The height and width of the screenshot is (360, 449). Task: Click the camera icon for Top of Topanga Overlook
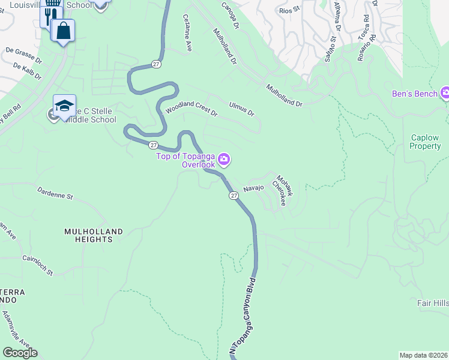pos(224,159)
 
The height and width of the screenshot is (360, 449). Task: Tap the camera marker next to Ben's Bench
pos(445,94)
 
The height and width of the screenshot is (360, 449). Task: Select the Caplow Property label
pos(425,142)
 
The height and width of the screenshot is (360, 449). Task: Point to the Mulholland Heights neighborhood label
pos(94,235)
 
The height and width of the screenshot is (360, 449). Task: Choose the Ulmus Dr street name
pos(241,109)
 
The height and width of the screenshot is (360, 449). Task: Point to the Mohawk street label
pos(285,185)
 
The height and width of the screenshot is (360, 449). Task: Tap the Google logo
pos(20,353)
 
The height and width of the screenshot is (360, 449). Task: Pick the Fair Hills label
pos(433,304)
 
